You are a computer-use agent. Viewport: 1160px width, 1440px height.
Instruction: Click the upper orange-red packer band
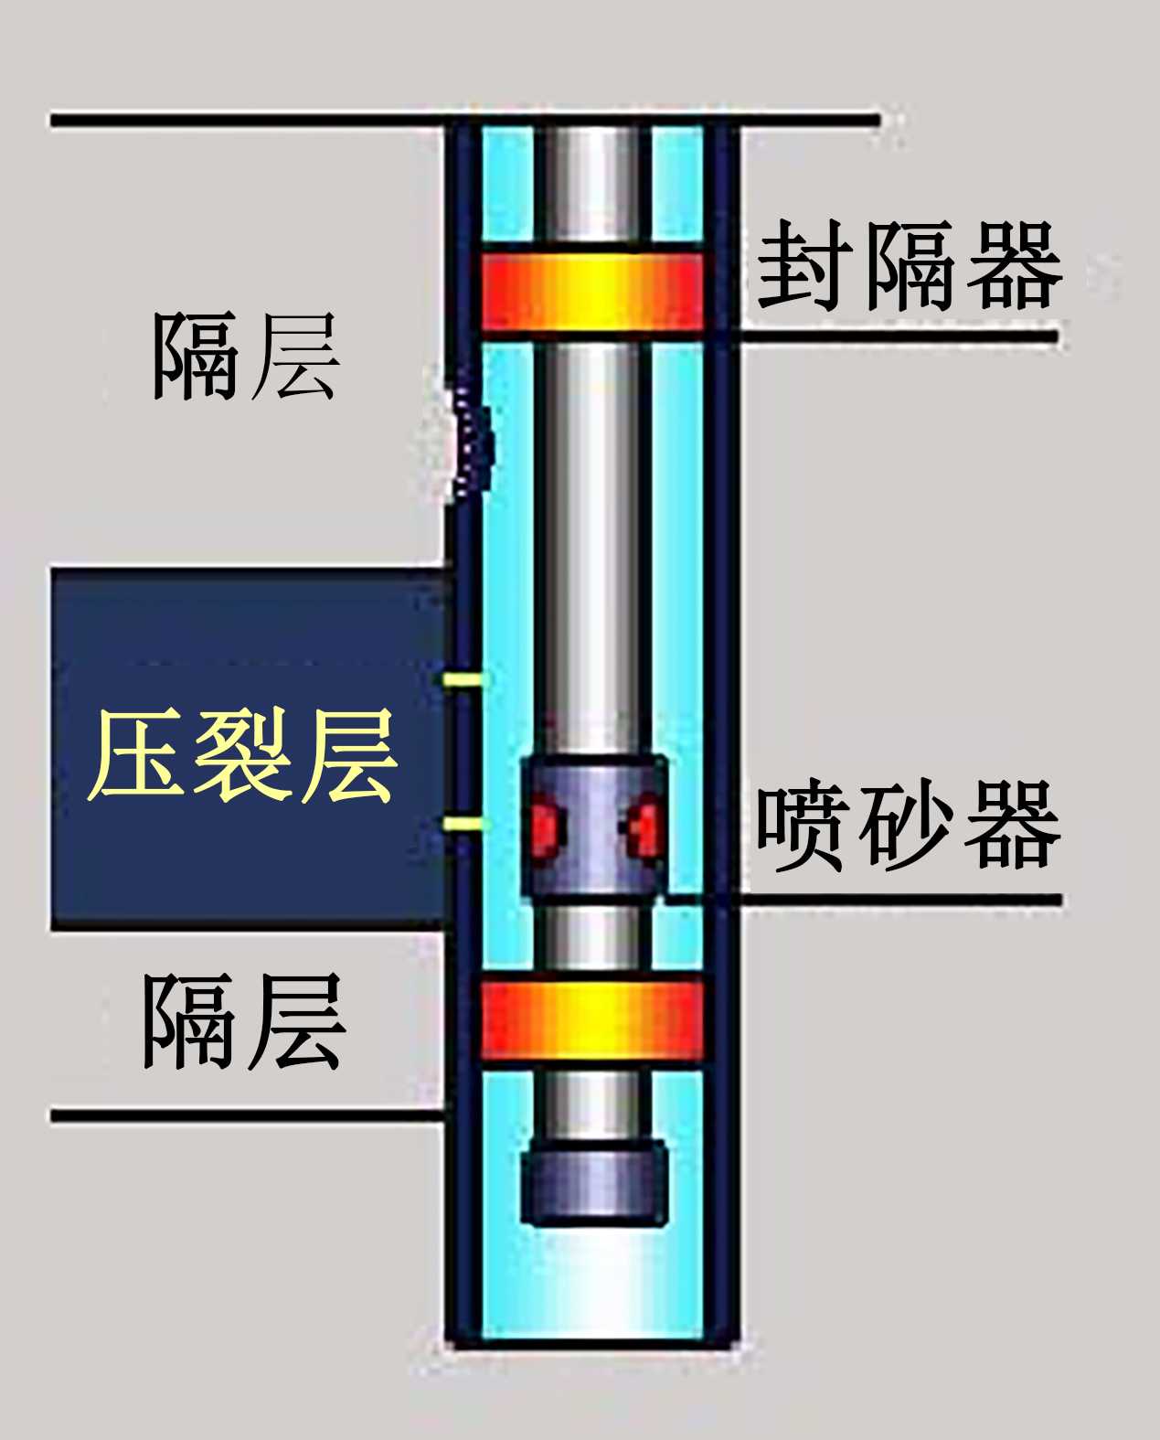pyautogui.click(x=592, y=292)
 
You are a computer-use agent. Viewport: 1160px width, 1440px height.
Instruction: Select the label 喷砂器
pyautogui.click(x=908, y=825)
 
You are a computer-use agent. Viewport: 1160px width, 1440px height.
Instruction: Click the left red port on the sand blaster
pyautogui.click(x=546, y=827)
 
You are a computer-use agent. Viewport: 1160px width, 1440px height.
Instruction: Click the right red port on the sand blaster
pyautogui.click(x=644, y=827)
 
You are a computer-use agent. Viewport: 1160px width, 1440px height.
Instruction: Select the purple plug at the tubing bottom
pyautogui.click(x=593, y=1183)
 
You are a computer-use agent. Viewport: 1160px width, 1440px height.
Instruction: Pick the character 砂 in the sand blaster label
pyautogui.click(x=908, y=825)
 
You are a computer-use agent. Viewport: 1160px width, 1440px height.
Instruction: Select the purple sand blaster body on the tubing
pyautogui.click(x=593, y=827)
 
